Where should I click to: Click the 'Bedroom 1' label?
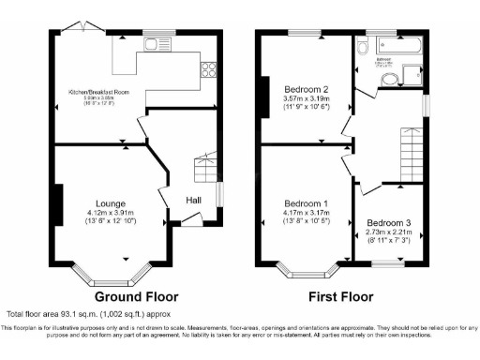[306, 203]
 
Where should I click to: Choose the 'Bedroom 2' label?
[306, 90]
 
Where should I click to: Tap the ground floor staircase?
[204, 169]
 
